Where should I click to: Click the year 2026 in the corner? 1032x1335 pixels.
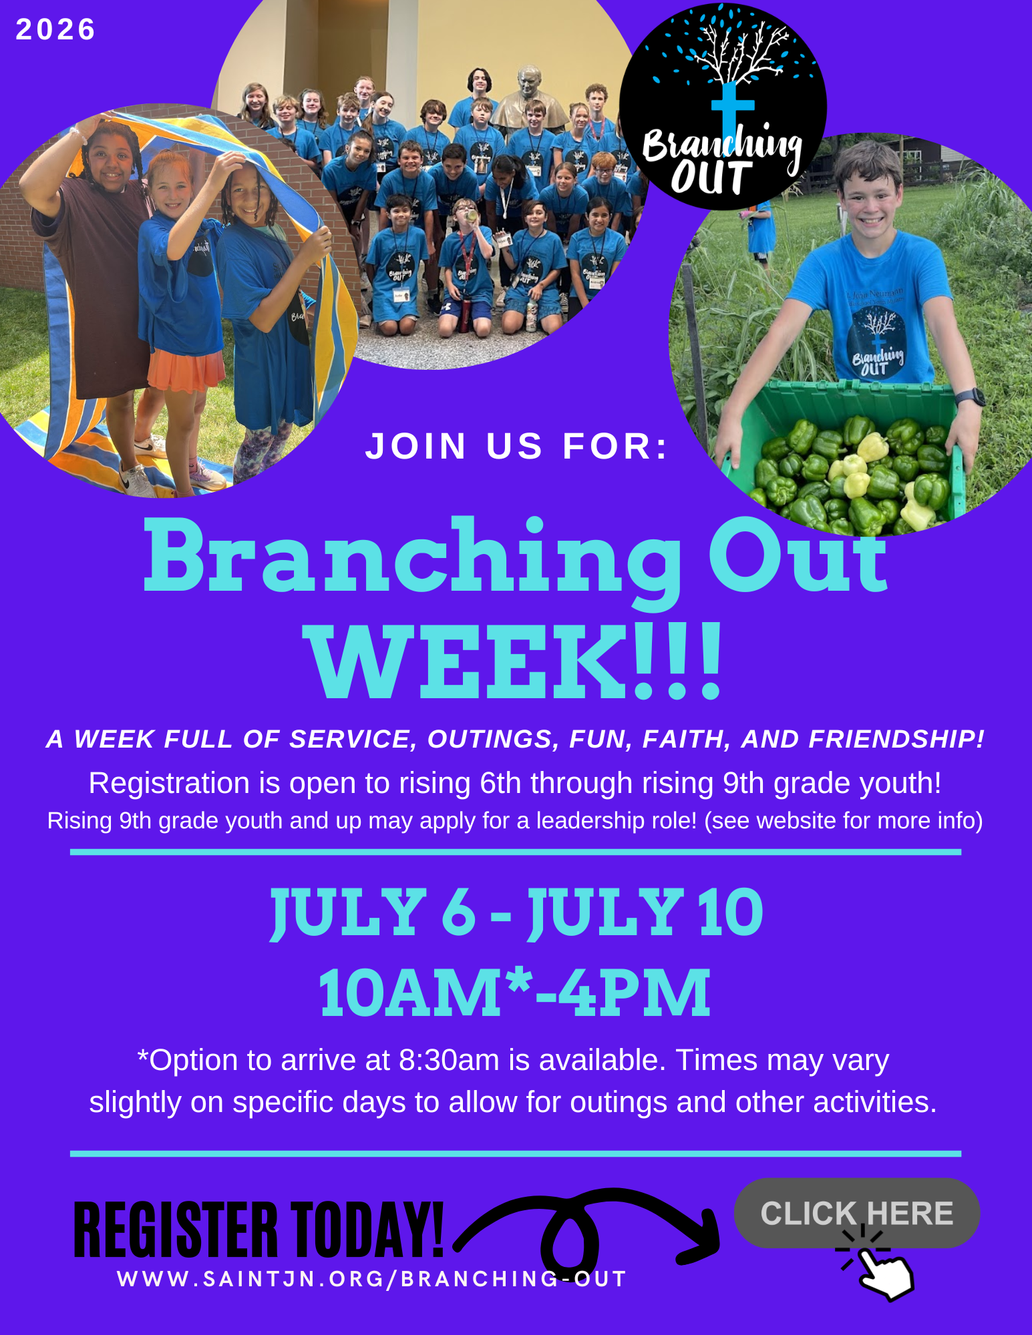55,29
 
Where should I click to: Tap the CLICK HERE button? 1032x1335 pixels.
857,1212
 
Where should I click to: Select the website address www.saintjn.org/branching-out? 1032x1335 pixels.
372,1278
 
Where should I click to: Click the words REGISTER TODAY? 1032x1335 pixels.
259,1229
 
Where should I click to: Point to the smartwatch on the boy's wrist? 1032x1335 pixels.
970,396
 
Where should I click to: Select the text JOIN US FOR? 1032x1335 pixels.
517,446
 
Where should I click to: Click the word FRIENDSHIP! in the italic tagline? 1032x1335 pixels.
896,739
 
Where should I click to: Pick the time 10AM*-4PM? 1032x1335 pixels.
514,993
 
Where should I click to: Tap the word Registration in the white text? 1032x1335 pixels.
169,783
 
